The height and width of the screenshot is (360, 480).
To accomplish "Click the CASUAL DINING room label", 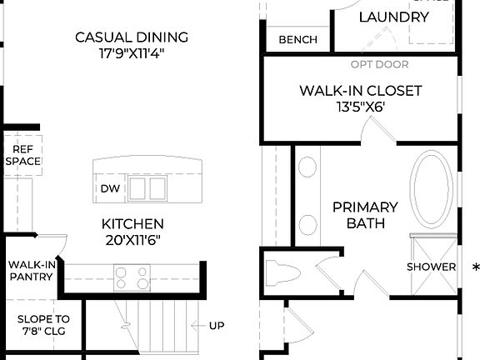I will point(132,37).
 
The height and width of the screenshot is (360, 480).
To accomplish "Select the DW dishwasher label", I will point(109,188).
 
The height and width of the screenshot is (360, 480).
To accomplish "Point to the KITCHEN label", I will point(132,224).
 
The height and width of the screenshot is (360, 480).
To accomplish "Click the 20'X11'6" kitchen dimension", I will point(132,240).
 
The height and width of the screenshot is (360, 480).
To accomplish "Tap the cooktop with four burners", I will point(132,277).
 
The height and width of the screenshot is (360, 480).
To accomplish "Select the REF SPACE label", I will point(22,155).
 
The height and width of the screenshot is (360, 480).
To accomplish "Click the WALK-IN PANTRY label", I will point(31,271).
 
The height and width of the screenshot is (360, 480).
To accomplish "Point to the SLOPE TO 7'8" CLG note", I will point(44,326).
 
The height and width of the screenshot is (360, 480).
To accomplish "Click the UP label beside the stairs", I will point(216,325).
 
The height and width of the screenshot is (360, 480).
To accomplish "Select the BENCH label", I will point(297,39).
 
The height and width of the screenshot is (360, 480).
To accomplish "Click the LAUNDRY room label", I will point(393,17).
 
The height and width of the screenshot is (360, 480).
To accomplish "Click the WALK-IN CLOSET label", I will point(360,90).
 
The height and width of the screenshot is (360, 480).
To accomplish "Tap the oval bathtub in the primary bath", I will point(432,189).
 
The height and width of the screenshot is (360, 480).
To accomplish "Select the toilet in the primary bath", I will point(282,272).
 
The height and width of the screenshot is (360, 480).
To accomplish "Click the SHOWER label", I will point(431,267).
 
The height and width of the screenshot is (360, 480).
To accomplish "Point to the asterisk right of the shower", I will point(475,267).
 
